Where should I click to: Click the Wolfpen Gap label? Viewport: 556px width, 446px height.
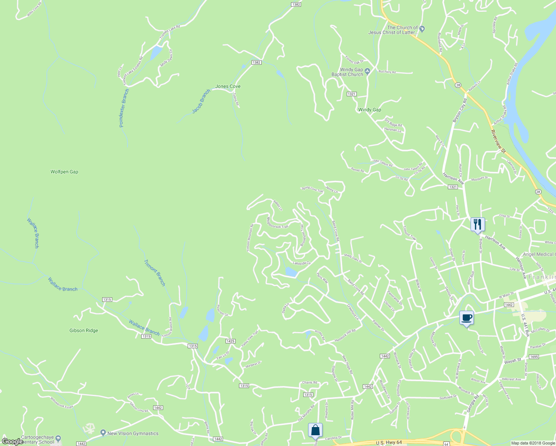click(x=64, y=172)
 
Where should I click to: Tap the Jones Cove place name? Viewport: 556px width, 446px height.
click(x=228, y=86)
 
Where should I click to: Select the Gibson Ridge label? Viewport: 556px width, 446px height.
click(x=84, y=330)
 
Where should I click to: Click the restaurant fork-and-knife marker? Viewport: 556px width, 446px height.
click(x=478, y=224)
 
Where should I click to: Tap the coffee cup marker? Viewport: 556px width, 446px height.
click(x=466, y=318)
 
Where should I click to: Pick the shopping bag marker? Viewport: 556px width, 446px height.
click(x=315, y=430)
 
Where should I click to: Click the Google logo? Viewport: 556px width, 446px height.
click(x=12, y=441)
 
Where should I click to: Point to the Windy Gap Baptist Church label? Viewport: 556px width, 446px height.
click(x=347, y=72)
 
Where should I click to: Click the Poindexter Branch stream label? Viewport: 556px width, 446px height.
click(x=124, y=108)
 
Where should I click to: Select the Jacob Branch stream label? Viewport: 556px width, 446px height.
click(x=201, y=101)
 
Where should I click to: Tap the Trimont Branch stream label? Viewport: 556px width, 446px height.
click(x=155, y=273)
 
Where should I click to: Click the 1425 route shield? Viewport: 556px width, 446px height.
click(x=230, y=341)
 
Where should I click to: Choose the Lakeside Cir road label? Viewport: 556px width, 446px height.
click(x=301, y=263)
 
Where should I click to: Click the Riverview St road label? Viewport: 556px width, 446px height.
click(x=498, y=141)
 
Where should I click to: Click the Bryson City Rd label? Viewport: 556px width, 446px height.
click(x=459, y=110)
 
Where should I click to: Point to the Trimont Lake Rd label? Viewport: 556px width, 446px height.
click(x=169, y=32)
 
